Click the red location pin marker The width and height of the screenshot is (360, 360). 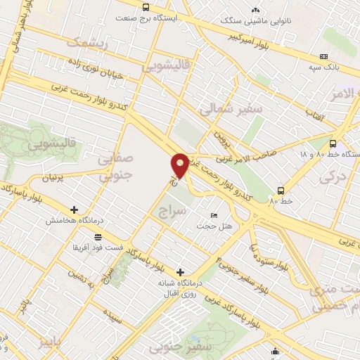(181, 165)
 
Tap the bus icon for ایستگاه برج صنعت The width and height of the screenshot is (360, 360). (146, 7)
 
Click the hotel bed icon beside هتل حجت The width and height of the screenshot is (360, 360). (214, 215)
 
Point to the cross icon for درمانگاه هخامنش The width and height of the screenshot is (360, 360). (75, 210)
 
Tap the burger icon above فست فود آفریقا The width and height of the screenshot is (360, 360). (97, 238)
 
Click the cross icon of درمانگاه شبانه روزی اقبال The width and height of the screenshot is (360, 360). (181, 271)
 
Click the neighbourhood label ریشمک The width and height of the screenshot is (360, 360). (89, 42)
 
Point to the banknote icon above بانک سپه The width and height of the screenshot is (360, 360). (323, 56)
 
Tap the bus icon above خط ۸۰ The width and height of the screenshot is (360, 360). (281, 191)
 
